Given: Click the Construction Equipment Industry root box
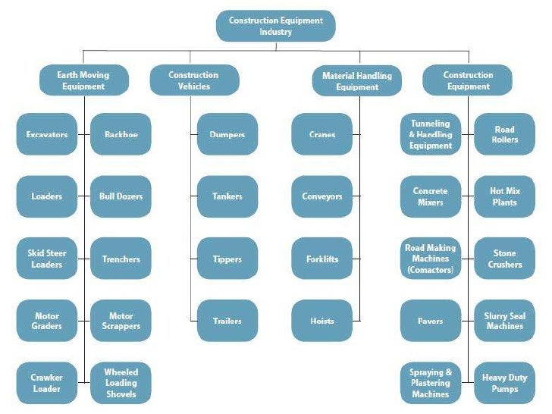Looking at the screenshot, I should coord(275,26).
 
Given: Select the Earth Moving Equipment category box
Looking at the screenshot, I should coord(83,80).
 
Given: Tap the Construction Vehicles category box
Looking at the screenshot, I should coord(193,80).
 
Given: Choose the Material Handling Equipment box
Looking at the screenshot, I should coord(357,80).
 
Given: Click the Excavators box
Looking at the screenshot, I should coord(46,134).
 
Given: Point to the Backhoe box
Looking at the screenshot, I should coord(121,134).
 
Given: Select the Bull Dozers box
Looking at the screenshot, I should coord(121,196).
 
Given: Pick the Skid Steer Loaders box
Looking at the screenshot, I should coord(46,259).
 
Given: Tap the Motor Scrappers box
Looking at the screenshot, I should coord(121,321).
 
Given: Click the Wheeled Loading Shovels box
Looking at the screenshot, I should coord(121,383).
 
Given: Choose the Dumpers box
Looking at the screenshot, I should coord(227,134).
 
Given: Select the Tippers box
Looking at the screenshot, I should coord(227,259).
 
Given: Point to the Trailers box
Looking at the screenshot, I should coord(227,321).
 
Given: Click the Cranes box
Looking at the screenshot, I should coord(322,134).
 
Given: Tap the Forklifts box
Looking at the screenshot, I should coord(322,259).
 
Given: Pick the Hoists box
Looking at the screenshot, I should coord(322,321).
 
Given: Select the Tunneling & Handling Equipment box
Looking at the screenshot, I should coord(431,134).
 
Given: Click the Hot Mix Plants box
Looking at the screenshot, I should coord(504,196).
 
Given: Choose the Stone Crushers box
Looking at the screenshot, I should coord(504,259).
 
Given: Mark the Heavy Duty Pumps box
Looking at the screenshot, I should coord(504,383).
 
